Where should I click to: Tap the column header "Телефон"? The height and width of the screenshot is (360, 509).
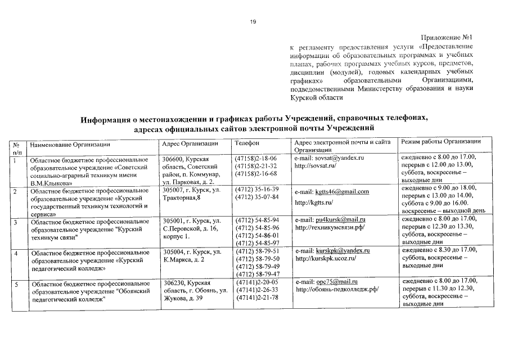click(246, 143)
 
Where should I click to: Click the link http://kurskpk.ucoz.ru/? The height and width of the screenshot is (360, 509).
click(326, 258)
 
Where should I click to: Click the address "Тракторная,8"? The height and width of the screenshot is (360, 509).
click(181, 198)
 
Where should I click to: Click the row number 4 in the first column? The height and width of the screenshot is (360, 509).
click(17, 254)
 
